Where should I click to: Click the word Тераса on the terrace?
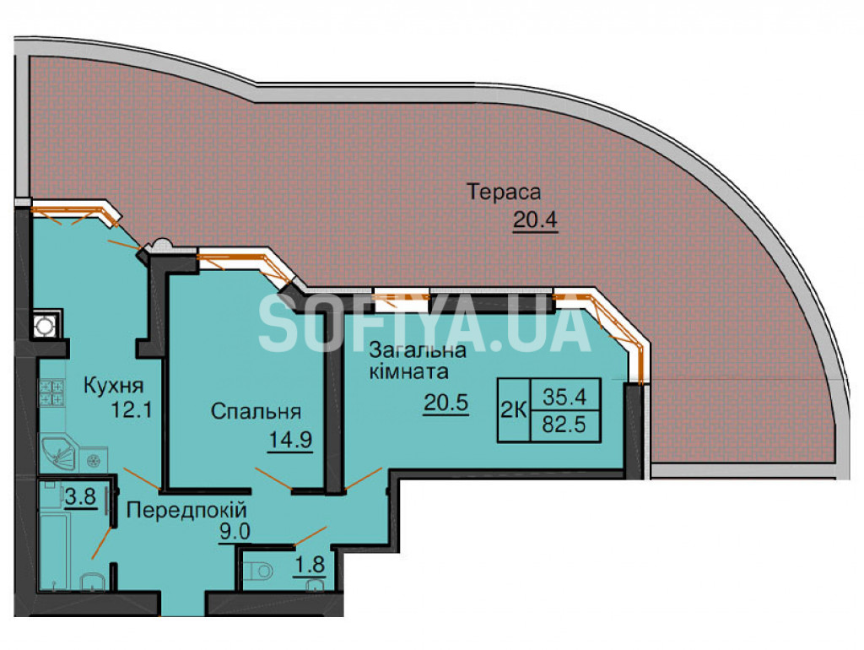504,192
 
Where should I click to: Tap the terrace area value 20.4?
535,220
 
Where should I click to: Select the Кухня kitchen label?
114,386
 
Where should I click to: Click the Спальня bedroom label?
256,411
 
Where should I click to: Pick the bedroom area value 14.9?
290,440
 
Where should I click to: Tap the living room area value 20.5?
445,403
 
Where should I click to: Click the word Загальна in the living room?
418,349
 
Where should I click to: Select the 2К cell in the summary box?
514,410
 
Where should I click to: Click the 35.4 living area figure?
564,395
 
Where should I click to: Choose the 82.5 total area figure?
564,425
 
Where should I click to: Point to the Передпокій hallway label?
186,510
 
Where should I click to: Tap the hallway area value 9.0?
235,533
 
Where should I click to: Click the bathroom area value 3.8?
80,497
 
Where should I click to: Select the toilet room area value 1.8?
309,566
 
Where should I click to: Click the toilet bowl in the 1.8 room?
259,571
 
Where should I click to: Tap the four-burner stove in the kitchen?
52,392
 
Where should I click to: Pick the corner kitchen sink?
58,452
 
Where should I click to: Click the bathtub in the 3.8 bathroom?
53,550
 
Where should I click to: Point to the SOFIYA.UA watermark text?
425,325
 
